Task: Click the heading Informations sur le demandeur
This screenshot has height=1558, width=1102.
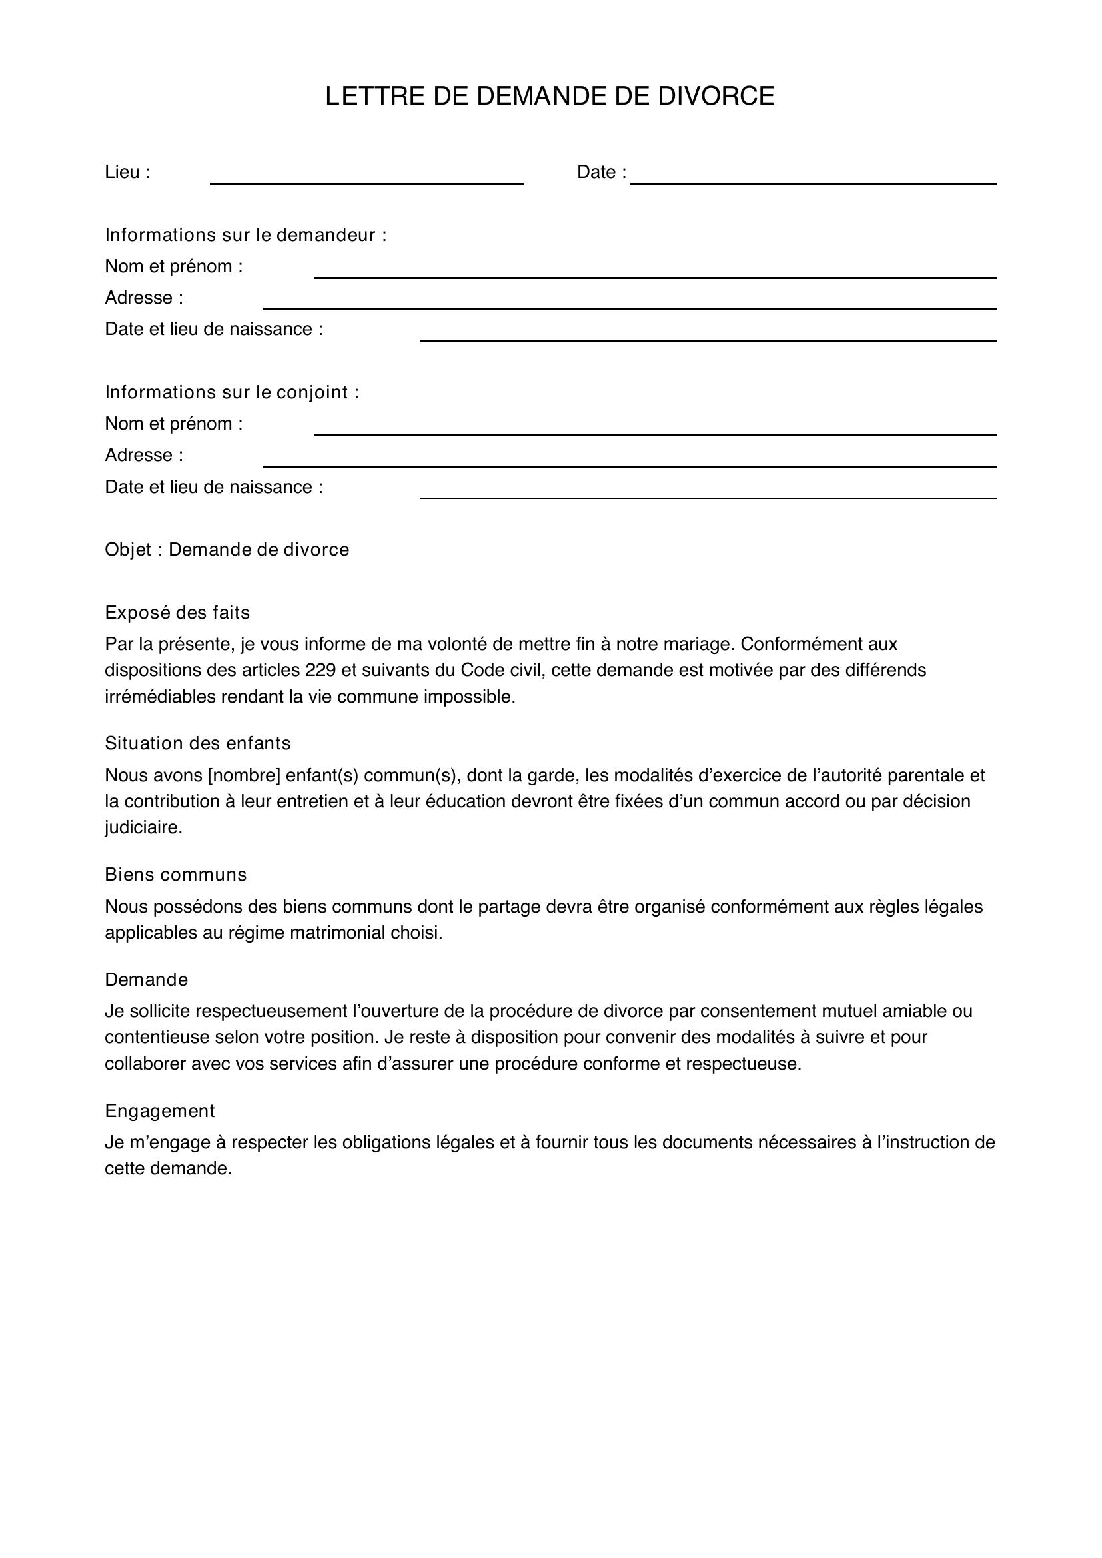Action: (246, 235)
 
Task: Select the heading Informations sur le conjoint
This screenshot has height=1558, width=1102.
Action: (232, 392)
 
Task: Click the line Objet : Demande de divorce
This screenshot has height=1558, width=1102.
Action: (227, 550)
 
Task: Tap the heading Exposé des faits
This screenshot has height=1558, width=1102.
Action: (177, 613)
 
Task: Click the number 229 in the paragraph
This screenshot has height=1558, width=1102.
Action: (320, 671)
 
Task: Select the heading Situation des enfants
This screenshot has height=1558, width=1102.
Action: (197, 744)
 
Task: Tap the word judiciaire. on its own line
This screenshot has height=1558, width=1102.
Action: (143, 828)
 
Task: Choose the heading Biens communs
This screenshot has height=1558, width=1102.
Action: (176, 875)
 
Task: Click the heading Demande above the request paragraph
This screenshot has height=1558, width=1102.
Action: (146, 980)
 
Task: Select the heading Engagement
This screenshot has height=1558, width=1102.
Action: (159, 1111)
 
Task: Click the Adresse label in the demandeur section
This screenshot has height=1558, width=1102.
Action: (144, 298)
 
